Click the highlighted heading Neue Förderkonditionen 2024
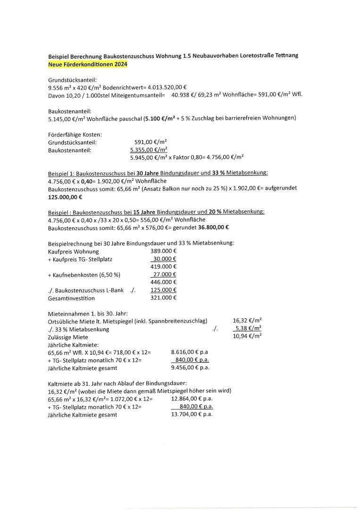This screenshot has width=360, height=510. click(x=88, y=64)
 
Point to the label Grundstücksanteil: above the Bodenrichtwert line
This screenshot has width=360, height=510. click(x=72, y=80)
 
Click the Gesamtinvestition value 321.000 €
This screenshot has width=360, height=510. click(x=163, y=297)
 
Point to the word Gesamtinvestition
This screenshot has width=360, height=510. click(x=71, y=298)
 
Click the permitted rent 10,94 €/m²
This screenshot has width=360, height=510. click(x=247, y=336)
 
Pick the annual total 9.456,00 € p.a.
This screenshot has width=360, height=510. click(x=190, y=367)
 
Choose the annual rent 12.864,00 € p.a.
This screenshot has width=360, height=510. click(x=192, y=398)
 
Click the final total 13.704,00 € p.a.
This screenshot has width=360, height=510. click(x=192, y=414)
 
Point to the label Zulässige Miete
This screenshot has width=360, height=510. click(x=68, y=337)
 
